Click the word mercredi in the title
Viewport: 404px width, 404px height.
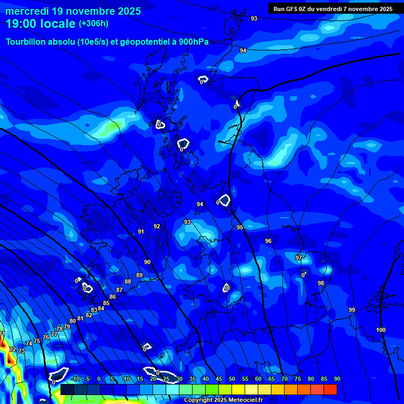[26, 11]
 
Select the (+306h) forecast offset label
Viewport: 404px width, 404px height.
[94, 24]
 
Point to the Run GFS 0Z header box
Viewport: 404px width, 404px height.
[333, 8]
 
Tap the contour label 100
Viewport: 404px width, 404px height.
[381, 330]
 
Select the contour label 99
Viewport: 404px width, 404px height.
[352, 310]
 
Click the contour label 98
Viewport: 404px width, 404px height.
[321, 283]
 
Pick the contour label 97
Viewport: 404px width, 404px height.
[299, 258]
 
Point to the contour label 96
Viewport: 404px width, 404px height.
[268, 241]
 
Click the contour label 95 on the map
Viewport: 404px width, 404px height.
[240, 227]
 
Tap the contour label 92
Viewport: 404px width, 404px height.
[157, 226]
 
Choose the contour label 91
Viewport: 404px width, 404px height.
[141, 231]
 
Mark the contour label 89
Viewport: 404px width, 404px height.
[139, 275]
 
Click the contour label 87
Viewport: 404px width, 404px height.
[119, 290]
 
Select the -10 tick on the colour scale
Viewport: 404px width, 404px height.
[75, 379]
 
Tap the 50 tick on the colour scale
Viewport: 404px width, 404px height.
[232, 379]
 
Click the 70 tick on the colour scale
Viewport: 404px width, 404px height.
[285, 379]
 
